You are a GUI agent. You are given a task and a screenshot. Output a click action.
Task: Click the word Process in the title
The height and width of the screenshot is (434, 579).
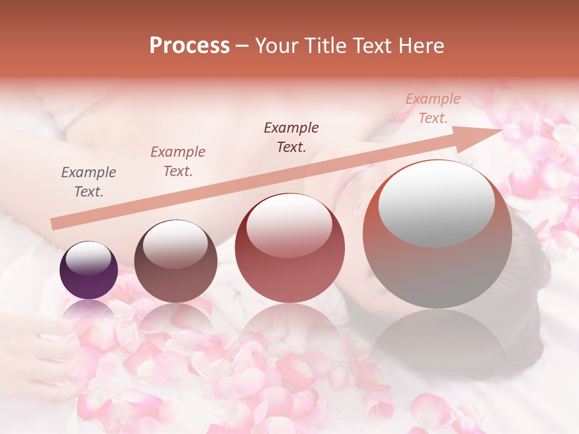[x=189, y=46]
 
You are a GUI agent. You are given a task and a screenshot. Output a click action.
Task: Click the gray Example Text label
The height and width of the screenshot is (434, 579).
[x=89, y=182]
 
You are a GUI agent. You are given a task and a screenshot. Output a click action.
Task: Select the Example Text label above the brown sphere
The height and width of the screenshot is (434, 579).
[x=178, y=162]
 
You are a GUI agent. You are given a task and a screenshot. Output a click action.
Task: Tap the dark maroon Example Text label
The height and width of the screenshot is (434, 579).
[x=291, y=137]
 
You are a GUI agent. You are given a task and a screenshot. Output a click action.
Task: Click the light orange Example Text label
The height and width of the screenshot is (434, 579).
[x=433, y=108]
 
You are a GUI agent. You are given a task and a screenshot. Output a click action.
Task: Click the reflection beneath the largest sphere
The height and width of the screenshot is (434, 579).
[x=437, y=344]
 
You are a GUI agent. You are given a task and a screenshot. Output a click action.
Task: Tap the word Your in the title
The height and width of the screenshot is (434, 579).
[x=277, y=46]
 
